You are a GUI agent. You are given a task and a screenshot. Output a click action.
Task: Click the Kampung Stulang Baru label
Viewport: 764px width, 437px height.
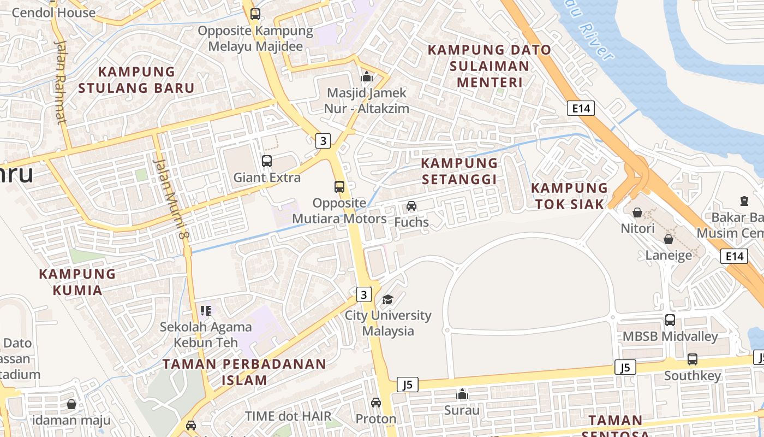[136, 80]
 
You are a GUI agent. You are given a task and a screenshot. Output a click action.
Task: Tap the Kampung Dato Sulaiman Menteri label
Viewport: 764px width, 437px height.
[490, 66]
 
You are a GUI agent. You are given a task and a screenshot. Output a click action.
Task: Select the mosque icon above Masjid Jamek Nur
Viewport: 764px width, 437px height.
[367, 77]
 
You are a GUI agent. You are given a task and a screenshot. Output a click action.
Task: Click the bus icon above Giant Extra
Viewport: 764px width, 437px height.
[267, 161]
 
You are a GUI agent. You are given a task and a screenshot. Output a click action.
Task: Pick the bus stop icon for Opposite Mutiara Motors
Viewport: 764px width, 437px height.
[339, 187]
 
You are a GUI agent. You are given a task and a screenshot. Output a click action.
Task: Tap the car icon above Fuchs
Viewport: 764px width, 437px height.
[411, 206]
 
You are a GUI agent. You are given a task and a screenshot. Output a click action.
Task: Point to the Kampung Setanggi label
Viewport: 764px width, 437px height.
[459, 171]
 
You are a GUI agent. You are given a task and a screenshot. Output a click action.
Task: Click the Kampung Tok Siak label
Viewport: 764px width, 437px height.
[570, 196]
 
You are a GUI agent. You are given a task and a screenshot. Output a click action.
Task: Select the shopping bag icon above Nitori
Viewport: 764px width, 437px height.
[637, 212]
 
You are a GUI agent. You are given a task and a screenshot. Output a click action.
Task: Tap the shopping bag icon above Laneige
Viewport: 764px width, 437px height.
[668, 239]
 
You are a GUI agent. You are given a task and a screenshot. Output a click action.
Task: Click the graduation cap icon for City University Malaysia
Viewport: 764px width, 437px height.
[387, 299]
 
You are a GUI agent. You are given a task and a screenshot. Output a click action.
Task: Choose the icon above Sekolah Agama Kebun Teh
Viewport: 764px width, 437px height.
[206, 311]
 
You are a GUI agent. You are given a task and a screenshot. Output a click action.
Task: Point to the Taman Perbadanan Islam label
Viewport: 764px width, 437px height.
[244, 371]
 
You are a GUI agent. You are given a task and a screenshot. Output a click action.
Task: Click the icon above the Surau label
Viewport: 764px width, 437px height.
[462, 394]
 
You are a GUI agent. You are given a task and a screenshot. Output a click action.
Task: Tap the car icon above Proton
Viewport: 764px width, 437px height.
[376, 403]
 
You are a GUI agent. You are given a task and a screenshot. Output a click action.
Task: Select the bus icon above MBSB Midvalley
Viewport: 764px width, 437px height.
[670, 320]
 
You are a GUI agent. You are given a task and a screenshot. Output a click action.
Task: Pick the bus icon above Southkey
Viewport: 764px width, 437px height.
[693, 359]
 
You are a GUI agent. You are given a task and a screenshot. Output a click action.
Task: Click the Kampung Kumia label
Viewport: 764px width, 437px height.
[77, 281]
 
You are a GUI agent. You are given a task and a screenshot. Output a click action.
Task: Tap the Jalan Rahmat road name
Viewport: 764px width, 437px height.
[60, 82]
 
